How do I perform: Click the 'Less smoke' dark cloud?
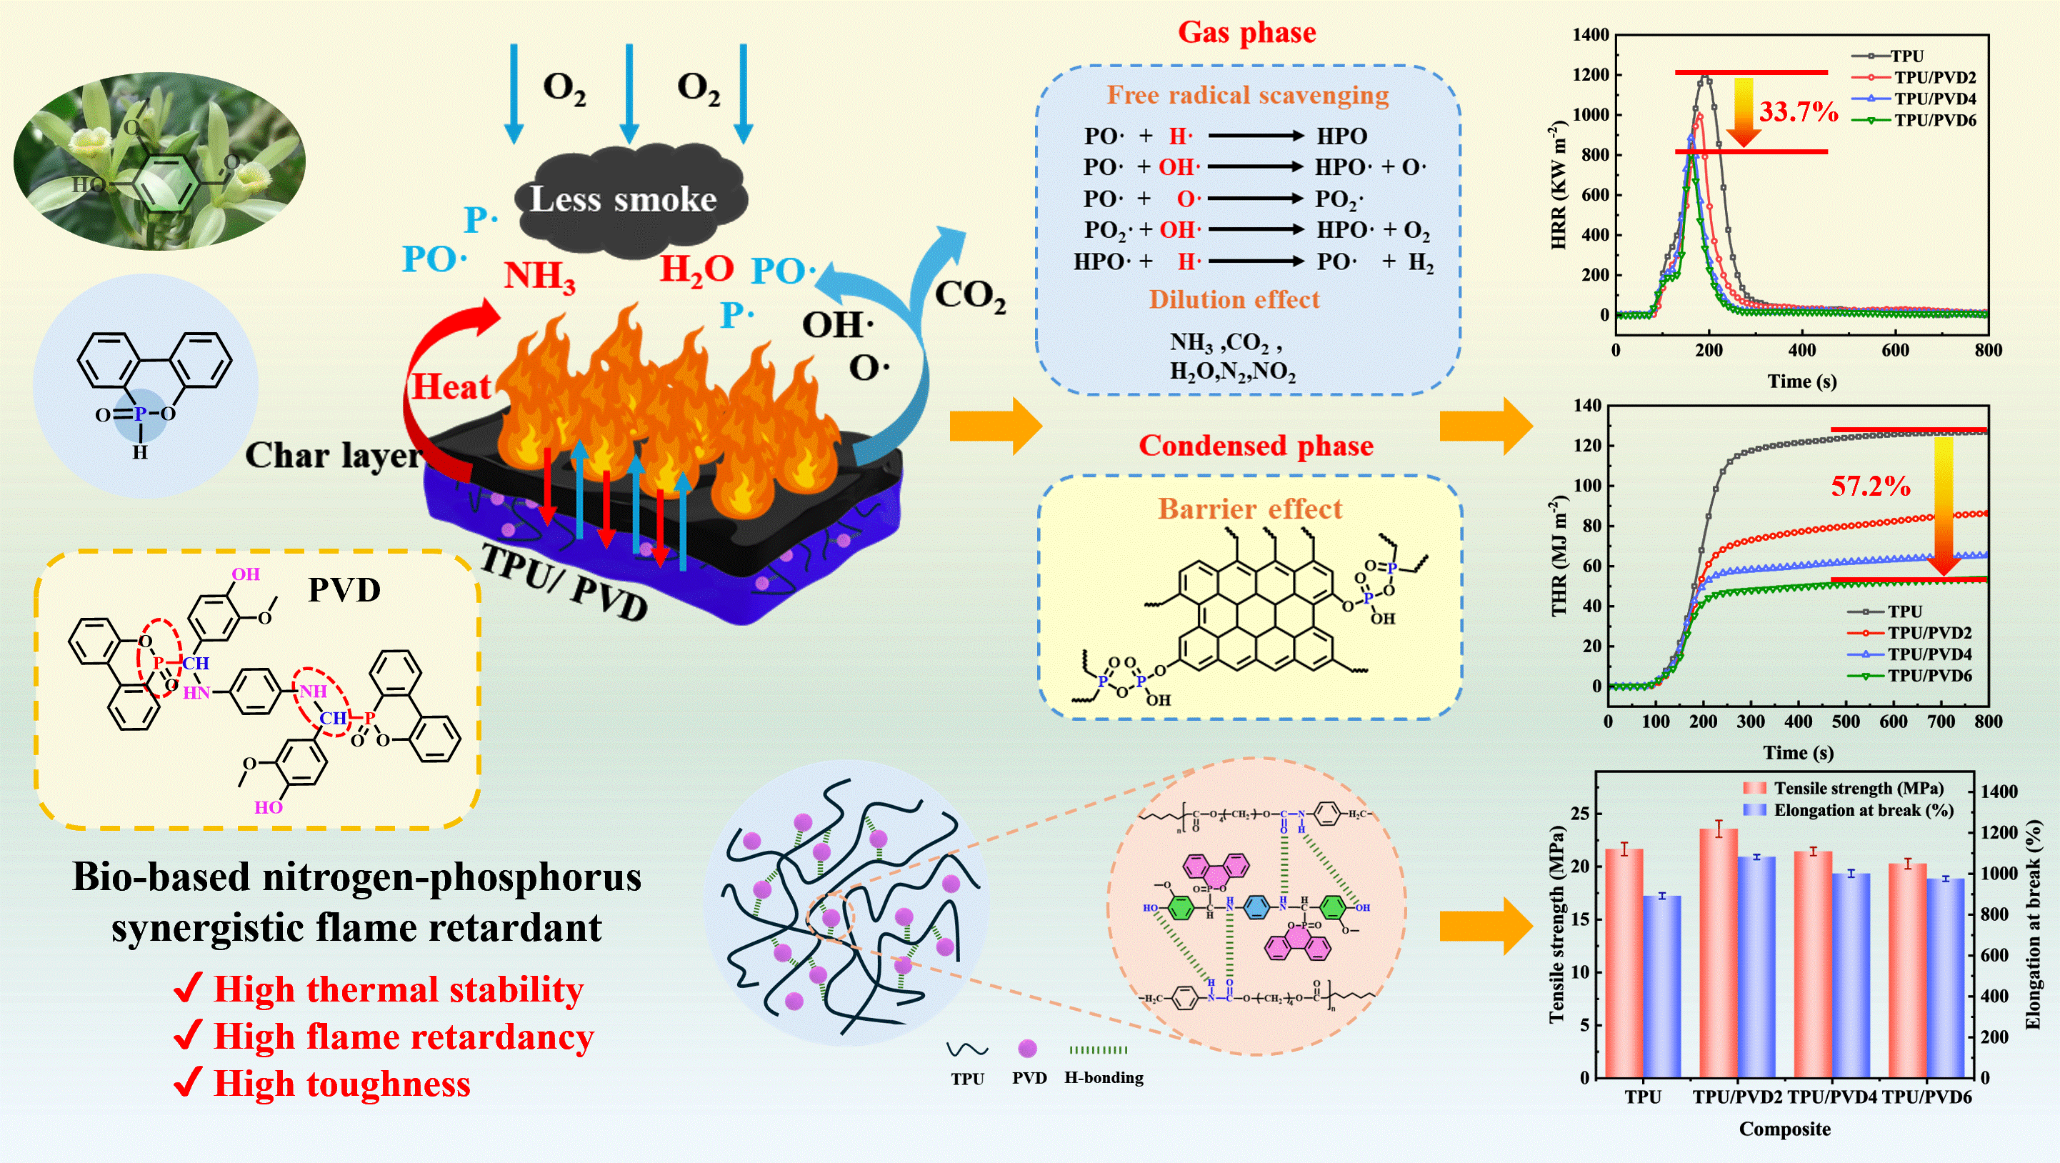(624, 199)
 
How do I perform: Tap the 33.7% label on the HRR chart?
(1799, 111)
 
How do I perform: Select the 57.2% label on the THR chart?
(1871, 486)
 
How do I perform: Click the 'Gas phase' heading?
(1246, 32)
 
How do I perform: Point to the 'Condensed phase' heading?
(1256, 446)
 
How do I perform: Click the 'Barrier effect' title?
(1250, 509)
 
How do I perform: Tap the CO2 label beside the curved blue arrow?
(970, 294)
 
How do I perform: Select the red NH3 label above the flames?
(540, 276)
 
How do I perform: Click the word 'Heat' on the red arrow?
(450, 387)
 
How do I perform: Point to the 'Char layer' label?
(333, 455)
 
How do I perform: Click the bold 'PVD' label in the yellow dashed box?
(344, 589)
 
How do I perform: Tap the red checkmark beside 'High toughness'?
(186, 1082)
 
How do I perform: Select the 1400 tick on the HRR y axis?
(1590, 34)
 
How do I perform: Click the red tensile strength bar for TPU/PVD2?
(1718, 952)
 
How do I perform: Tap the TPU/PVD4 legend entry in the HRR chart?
(1934, 99)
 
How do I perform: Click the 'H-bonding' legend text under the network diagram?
(1104, 1077)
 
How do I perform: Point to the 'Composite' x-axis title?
(1784, 1129)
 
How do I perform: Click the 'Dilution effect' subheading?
(1234, 299)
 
